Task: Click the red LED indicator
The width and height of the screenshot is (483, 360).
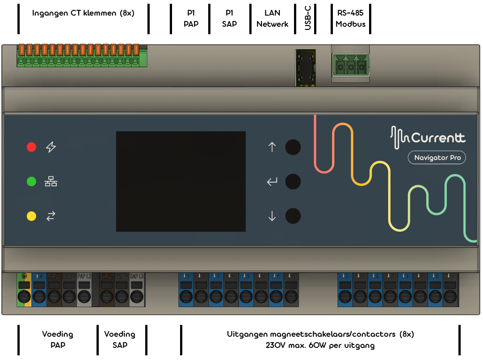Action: click(31, 147)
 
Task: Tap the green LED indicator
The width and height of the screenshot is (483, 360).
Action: click(31, 182)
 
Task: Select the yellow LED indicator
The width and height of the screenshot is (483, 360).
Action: click(31, 216)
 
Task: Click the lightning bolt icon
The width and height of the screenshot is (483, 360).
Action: click(51, 147)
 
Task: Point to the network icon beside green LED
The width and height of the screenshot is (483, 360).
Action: click(51, 182)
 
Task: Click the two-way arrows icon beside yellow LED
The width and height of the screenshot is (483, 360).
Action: click(51, 216)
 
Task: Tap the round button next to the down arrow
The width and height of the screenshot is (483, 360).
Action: click(293, 216)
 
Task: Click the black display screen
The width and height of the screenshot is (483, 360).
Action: click(181, 181)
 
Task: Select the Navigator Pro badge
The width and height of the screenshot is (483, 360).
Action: click(437, 158)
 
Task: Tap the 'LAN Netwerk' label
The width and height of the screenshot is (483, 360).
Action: click(272, 19)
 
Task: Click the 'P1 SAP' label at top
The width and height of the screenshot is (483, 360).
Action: click(229, 19)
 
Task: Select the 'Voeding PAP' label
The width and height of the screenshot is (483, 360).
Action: click(58, 339)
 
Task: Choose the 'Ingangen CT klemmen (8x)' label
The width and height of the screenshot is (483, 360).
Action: click(83, 13)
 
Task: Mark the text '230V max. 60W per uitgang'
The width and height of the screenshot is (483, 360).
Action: click(320, 345)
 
